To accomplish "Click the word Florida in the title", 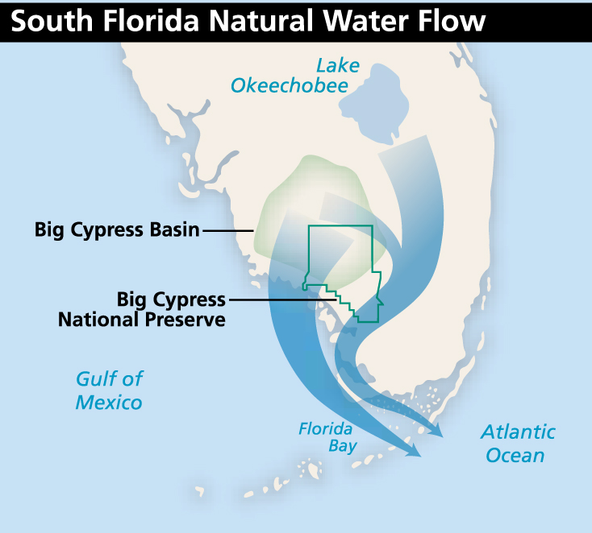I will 139,21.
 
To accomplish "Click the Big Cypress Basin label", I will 116,230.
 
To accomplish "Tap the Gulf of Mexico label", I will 109,390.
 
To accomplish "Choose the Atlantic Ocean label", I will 518,443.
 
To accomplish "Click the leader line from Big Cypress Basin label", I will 227,231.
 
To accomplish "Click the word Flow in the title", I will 452,21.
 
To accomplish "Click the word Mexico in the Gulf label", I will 109,402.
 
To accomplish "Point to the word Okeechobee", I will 289,85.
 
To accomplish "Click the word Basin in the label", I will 172,230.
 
